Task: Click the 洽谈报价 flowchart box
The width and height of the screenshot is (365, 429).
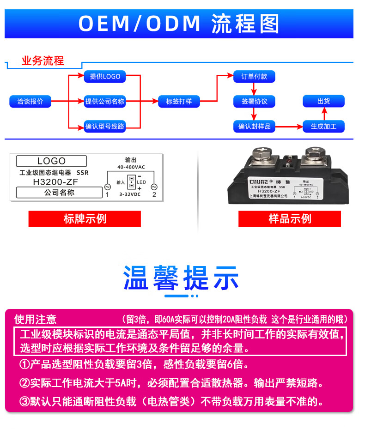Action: (x=30, y=101)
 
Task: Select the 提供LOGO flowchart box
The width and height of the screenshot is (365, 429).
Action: (x=105, y=77)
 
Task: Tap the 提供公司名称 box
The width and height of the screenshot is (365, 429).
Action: (x=105, y=101)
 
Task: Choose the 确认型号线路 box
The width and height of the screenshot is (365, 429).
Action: (x=105, y=126)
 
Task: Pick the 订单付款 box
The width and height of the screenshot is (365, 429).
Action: (x=254, y=77)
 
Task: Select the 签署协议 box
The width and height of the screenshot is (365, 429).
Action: (x=254, y=101)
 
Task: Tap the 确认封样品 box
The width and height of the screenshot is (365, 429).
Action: (x=254, y=126)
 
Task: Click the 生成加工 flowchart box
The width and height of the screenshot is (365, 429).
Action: (x=323, y=126)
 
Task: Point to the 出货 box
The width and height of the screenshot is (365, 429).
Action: (x=323, y=101)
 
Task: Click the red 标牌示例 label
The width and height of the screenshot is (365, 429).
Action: (x=85, y=218)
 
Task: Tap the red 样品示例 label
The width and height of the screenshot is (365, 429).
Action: (x=289, y=218)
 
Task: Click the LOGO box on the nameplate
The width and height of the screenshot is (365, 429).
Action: (x=51, y=161)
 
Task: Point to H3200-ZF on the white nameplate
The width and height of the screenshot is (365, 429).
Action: (x=51, y=182)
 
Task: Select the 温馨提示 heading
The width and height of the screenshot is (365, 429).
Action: (x=181, y=278)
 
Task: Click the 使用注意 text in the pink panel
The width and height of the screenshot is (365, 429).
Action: (x=36, y=319)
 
